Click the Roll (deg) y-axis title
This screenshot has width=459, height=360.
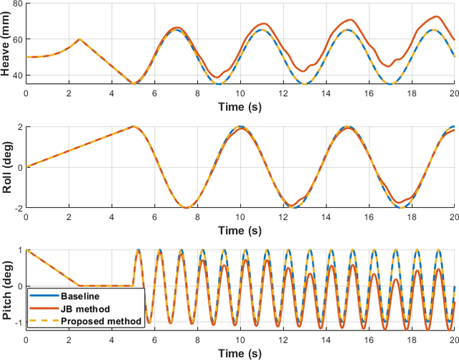click(7, 167)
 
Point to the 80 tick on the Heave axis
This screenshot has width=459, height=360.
click(17, 4)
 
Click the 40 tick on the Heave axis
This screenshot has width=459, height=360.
click(17, 76)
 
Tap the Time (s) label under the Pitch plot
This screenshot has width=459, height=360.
click(240, 352)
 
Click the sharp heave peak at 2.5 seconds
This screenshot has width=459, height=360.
click(80, 39)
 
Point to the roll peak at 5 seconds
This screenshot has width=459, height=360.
click(133, 126)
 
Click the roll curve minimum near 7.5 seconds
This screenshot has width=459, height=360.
click(186, 208)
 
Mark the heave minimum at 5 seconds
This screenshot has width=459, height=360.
click(133, 84)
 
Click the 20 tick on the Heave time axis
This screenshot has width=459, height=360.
click(453, 93)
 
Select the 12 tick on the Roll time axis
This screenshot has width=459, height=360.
click(283, 216)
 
